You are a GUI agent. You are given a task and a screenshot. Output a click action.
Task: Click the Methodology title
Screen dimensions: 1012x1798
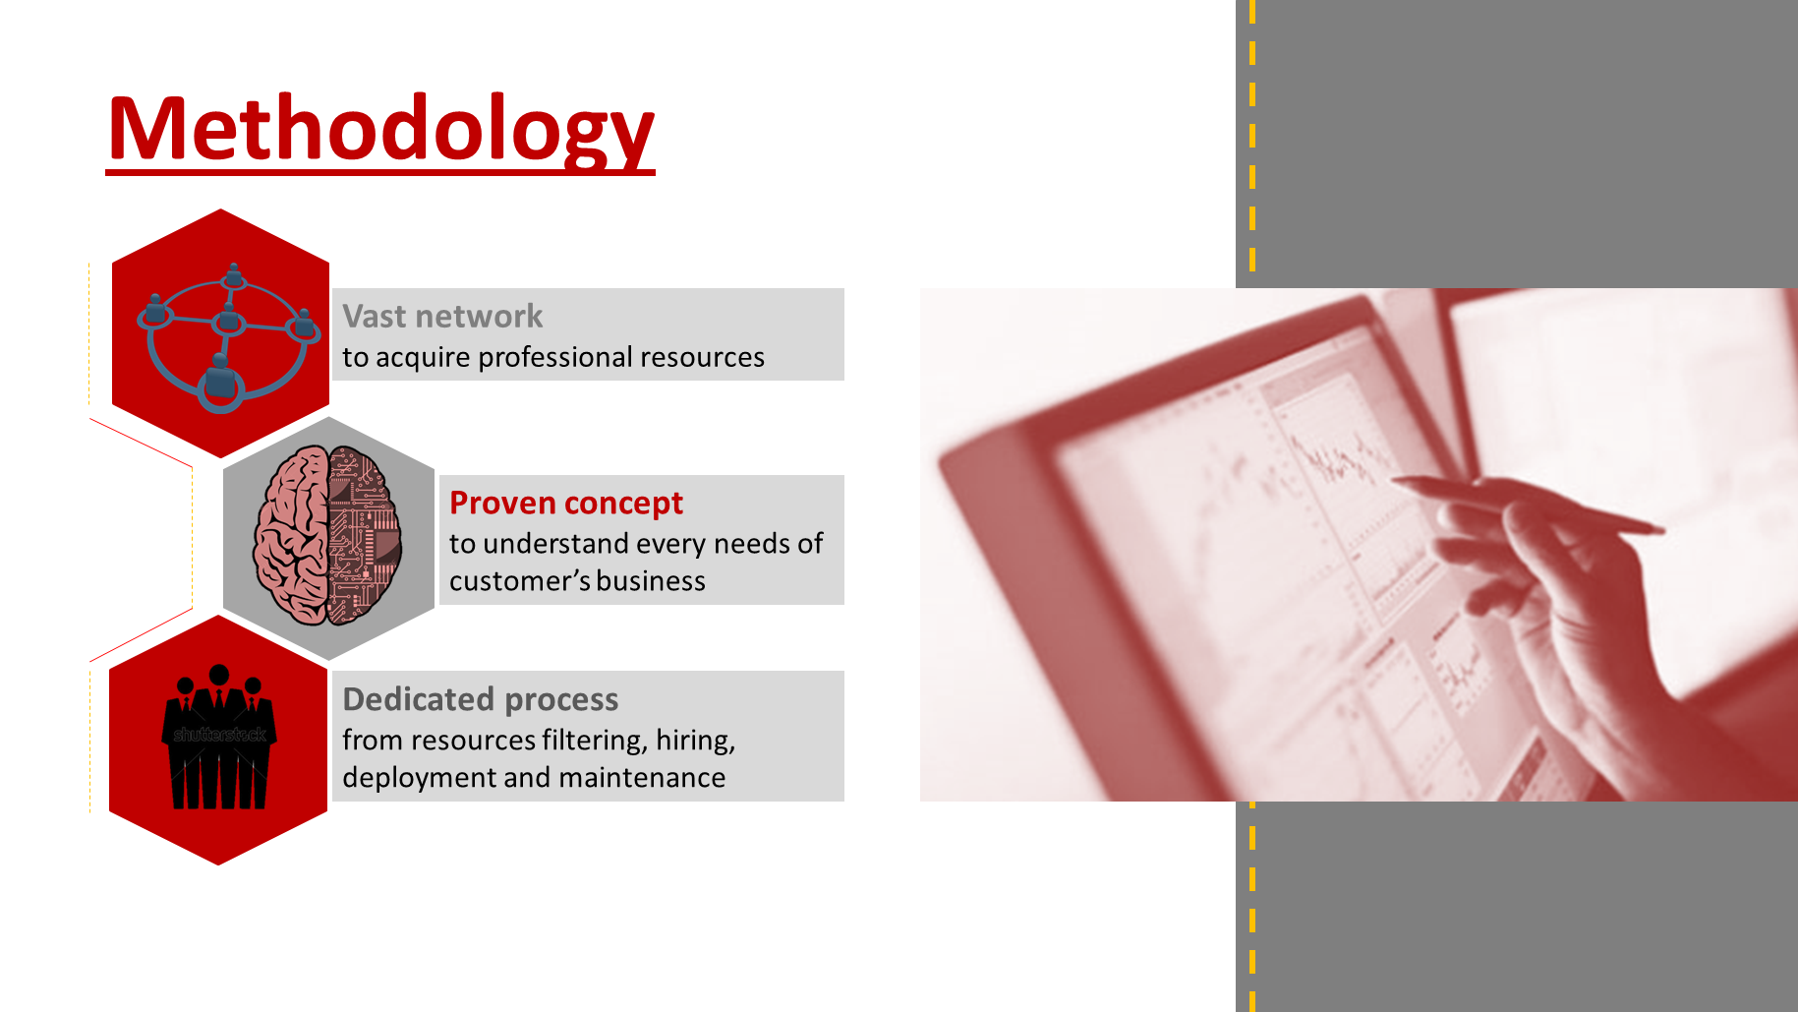[x=380, y=129]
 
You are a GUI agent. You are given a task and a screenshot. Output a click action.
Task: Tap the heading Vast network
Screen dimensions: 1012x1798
[x=442, y=317]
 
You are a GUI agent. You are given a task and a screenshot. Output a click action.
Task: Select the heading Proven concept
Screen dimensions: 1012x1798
[x=565, y=504]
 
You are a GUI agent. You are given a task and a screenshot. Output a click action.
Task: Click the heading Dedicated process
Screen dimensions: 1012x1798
[x=480, y=699]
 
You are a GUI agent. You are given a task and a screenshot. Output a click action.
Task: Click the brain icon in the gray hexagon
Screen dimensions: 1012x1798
[x=327, y=536]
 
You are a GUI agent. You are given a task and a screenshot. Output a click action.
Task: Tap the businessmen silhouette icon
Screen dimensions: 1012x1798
[x=218, y=738]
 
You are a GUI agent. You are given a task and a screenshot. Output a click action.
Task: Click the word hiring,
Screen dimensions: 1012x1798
[x=696, y=740]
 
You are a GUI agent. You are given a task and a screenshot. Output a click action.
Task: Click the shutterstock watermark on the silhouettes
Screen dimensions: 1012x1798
[x=219, y=735]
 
